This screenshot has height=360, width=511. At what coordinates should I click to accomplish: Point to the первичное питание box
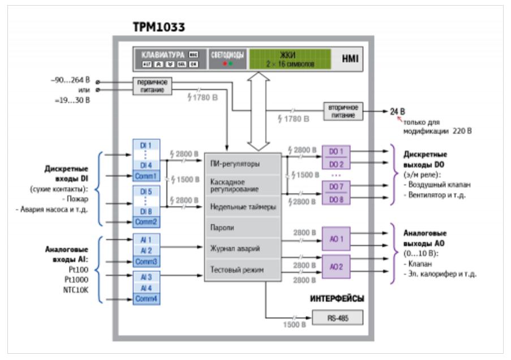pyautogui.click(x=152, y=86)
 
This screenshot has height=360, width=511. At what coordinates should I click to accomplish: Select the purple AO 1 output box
pyautogui.click(x=336, y=239)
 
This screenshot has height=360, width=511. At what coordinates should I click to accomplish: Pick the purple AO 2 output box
pyautogui.click(x=336, y=266)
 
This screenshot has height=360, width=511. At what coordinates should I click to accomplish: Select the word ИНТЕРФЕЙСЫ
pyautogui.click(x=337, y=298)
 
